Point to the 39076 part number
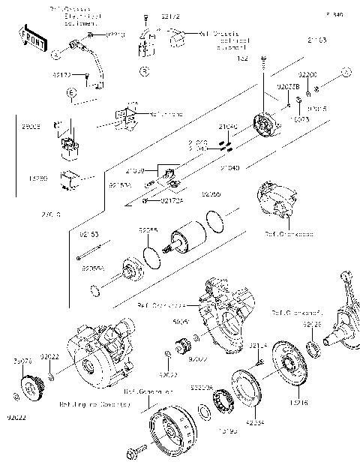(22, 361)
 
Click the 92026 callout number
(312, 324)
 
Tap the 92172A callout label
(171, 200)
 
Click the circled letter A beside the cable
(55, 55)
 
